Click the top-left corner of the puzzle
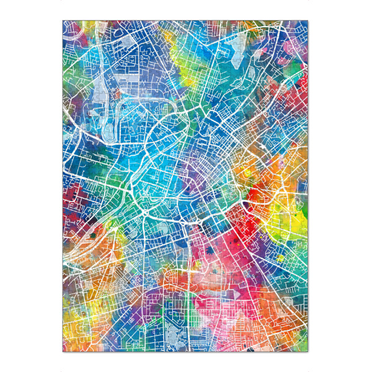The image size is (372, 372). point(63,21)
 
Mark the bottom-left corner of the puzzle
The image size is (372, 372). point(63,352)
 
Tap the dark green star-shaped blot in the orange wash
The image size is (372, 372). point(93,235)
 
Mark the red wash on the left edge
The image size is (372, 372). point(68,198)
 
